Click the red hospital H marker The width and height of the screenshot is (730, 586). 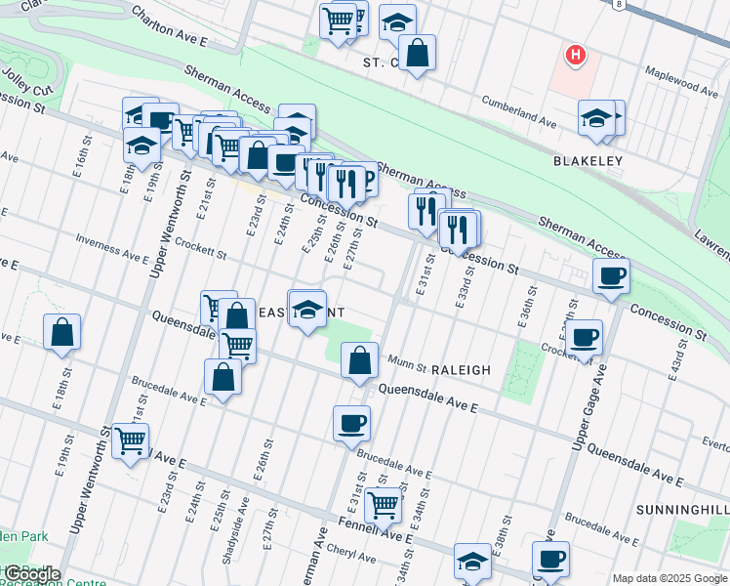point(576,55)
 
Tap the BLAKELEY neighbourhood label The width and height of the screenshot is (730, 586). point(588,160)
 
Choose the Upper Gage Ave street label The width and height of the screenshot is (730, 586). point(589,400)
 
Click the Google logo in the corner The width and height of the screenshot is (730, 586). point(31,574)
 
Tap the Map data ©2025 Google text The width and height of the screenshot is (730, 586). point(669,578)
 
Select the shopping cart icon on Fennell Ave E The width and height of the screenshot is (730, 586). point(383,505)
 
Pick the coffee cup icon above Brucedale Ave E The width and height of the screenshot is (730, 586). point(351,424)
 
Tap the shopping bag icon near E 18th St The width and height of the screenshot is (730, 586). point(61,332)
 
